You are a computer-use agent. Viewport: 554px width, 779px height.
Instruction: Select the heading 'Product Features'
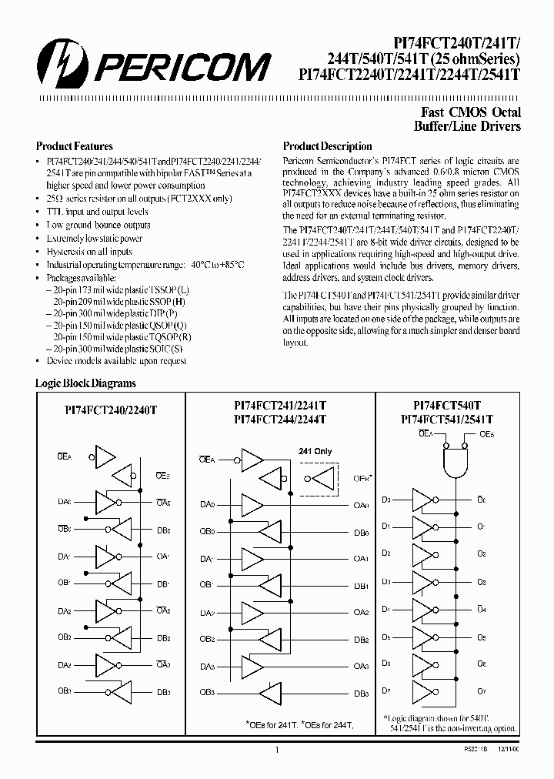coord(75,146)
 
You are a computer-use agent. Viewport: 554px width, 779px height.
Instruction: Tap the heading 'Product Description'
coord(327,146)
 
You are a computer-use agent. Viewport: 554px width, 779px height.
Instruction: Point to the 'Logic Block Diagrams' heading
coord(85,383)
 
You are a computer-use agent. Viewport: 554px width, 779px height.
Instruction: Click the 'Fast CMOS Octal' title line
coord(469,112)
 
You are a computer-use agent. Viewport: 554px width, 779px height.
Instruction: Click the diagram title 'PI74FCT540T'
coord(446,405)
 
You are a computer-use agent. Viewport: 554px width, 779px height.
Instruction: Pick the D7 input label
coord(386,691)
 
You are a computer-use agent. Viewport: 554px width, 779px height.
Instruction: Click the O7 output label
coord(482,691)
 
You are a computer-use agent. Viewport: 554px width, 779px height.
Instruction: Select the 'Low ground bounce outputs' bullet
coord(98,226)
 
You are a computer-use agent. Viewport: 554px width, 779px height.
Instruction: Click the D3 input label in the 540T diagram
coord(386,500)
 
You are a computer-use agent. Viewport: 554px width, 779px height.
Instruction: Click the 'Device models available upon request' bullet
coord(116,361)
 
